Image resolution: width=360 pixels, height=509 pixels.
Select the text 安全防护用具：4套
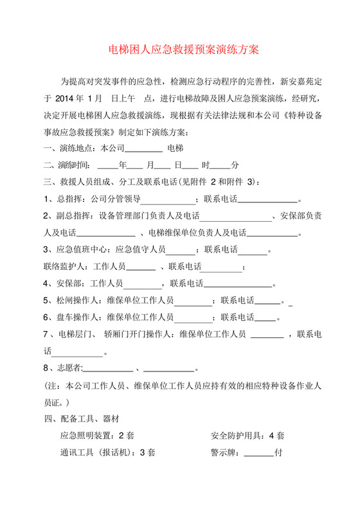point(248,435)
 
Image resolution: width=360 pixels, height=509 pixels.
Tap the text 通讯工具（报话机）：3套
point(107,452)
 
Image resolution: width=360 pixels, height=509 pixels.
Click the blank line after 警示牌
point(258,454)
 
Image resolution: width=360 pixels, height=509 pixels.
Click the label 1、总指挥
point(64,199)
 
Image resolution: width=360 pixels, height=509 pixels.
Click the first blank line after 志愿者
point(107,370)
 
